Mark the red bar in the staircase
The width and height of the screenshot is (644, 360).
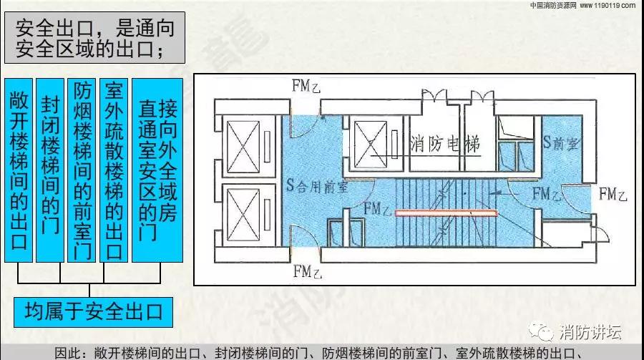click(x=447, y=213)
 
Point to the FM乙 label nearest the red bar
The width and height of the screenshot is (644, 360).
click(x=378, y=209)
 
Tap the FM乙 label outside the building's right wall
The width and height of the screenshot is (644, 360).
click(x=613, y=193)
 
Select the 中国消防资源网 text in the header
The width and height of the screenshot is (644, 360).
click(x=553, y=5)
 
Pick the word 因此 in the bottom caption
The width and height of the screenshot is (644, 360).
click(x=67, y=354)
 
